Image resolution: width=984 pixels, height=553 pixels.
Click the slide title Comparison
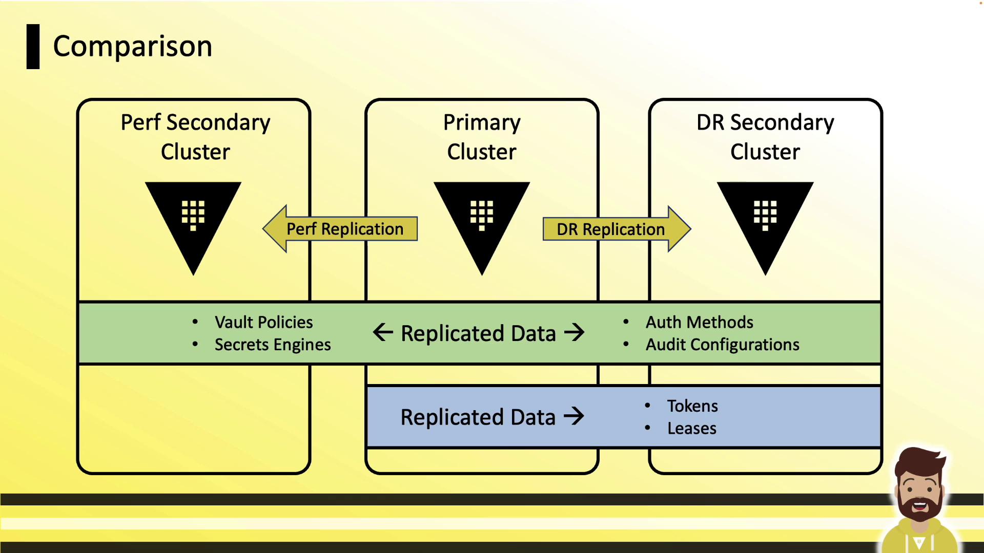[x=132, y=47]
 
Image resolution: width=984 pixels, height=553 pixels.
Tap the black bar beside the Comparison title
[x=33, y=47]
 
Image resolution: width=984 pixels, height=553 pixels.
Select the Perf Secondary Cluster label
[x=195, y=137]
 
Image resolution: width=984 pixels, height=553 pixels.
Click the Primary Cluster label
[x=482, y=137]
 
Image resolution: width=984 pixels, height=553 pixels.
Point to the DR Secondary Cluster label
[x=765, y=137]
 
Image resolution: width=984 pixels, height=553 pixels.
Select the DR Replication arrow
[x=615, y=229]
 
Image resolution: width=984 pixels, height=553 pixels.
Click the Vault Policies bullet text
[x=263, y=322]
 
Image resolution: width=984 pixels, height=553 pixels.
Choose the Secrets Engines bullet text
[x=273, y=345]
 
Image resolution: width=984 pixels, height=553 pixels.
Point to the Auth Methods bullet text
[x=699, y=322]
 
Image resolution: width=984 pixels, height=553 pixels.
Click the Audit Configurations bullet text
[x=722, y=345]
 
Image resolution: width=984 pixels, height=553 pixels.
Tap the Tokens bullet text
[x=692, y=406]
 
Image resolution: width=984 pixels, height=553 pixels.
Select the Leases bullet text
[x=691, y=429]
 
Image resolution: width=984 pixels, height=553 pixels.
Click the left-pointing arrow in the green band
[x=383, y=332]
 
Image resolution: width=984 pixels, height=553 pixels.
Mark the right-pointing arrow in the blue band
[x=574, y=416]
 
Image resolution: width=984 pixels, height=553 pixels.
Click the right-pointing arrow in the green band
[x=574, y=332]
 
